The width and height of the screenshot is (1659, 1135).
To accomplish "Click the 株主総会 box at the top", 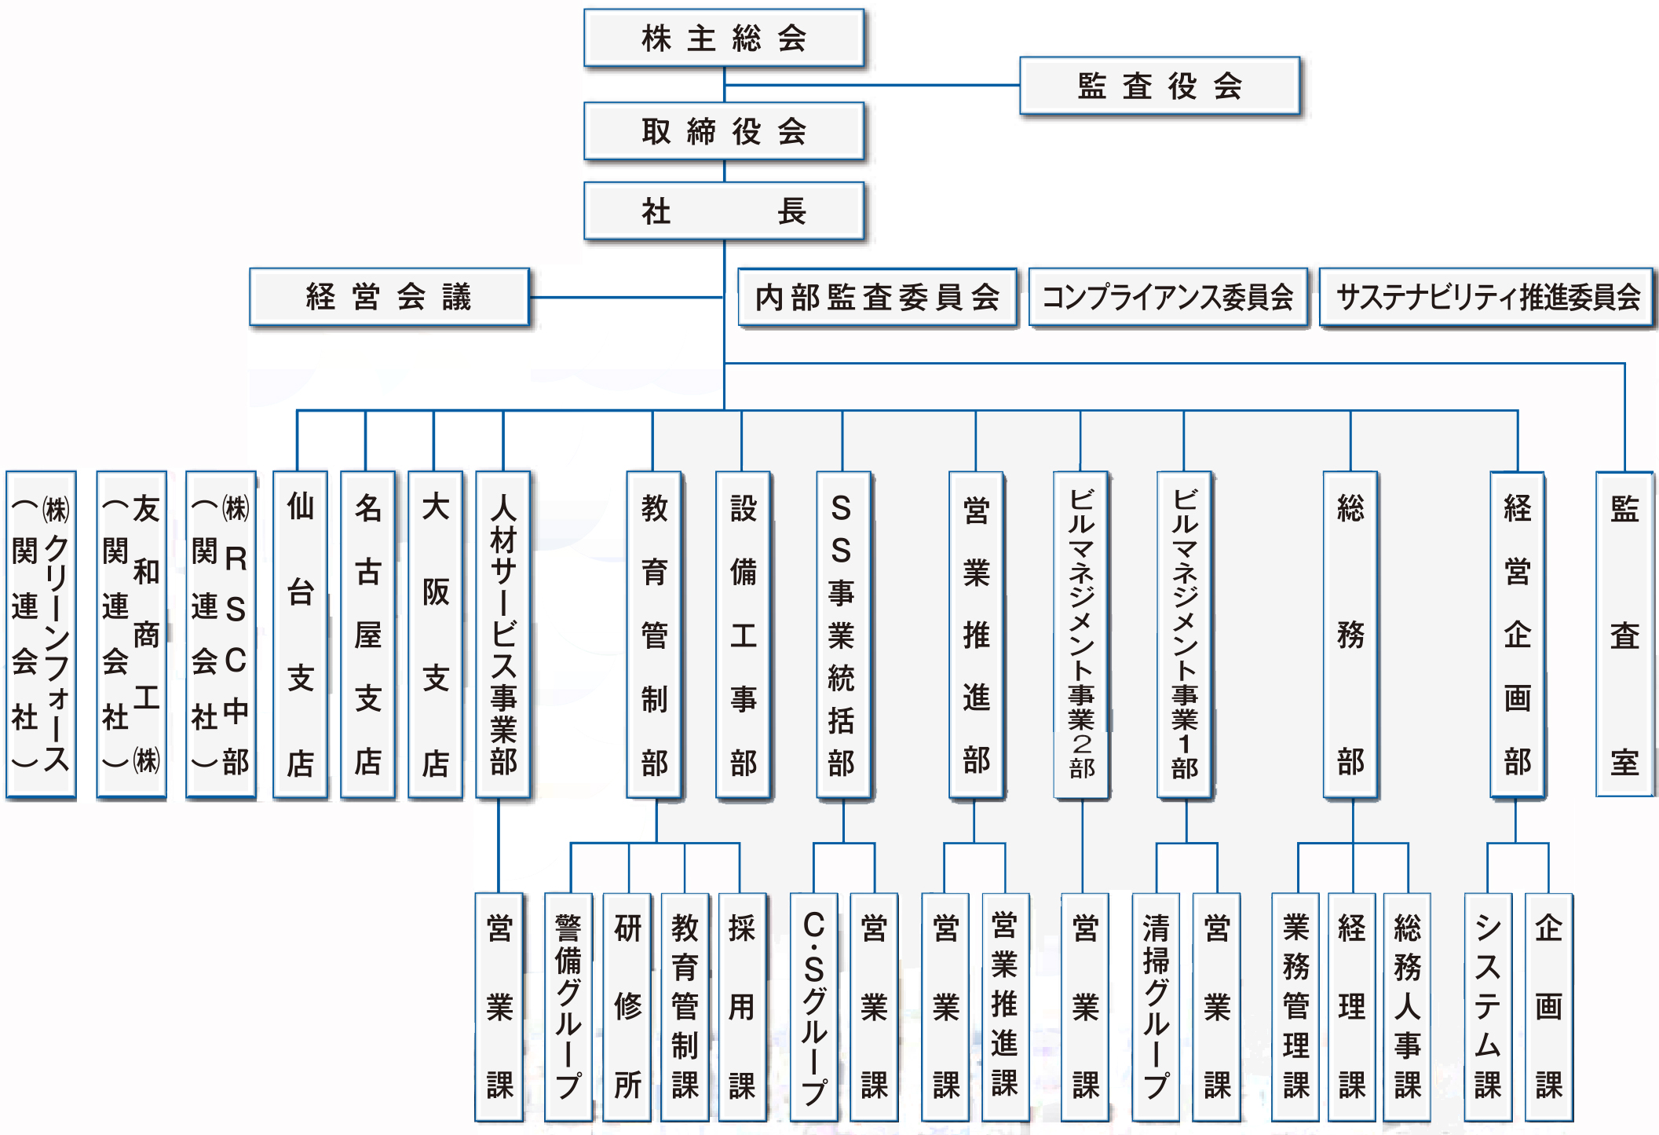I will [x=723, y=38].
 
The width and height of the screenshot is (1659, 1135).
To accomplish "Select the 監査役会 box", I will [x=1159, y=86].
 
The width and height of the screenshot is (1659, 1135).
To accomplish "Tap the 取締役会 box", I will [x=723, y=131].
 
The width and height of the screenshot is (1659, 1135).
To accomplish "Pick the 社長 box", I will [x=723, y=211].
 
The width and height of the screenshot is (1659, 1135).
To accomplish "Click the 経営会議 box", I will [x=389, y=297].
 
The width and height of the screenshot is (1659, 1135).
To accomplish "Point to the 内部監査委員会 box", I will [x=877, y=297].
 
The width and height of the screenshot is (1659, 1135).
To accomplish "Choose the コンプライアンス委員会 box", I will [x=1168, y=297].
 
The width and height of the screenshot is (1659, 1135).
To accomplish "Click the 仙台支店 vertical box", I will [x=300, y=634].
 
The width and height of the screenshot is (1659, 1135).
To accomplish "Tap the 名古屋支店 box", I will [x=367, y=634].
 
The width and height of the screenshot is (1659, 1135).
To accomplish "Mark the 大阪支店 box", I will [x=435, y=634].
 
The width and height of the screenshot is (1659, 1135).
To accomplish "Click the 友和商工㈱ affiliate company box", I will [x=131, y=634].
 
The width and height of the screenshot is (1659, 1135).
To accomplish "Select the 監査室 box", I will [x=1624, y=634].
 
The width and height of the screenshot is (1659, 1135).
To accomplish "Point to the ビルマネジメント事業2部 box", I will [x=1080, y=634].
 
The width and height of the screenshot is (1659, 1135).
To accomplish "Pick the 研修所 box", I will [x=627, y=1006].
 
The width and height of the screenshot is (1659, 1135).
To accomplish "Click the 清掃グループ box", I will [x=1156, y=1006].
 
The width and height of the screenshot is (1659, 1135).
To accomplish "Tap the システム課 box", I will [x=1488, y=1006].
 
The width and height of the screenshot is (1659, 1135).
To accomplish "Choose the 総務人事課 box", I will [x=1407, y=1006].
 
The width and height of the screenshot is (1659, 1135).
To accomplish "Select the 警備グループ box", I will [x=568, y=1006].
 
